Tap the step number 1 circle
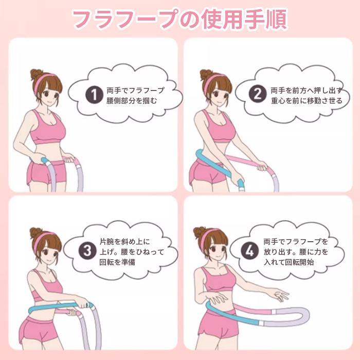(94, 95)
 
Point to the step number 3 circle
(87, 250)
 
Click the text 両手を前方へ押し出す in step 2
(305, 89)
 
